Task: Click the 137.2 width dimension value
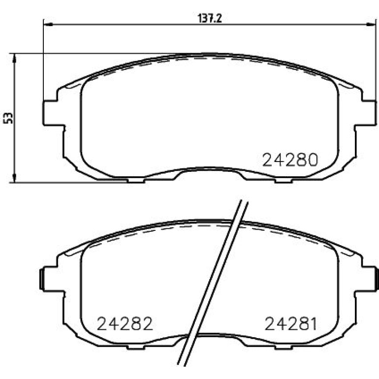(x=210, y=19)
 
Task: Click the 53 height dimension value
(x=8, y=118)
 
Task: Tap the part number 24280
(x=290, y=160)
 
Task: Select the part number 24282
(x=125, y=324)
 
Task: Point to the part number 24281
(x=291, y=324)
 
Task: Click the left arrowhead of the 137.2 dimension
(x=48, y=24)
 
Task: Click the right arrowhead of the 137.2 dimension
(x=372, y=24)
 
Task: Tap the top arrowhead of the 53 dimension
(x=15, y=58)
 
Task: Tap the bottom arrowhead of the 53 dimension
(x=15, y=178)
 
